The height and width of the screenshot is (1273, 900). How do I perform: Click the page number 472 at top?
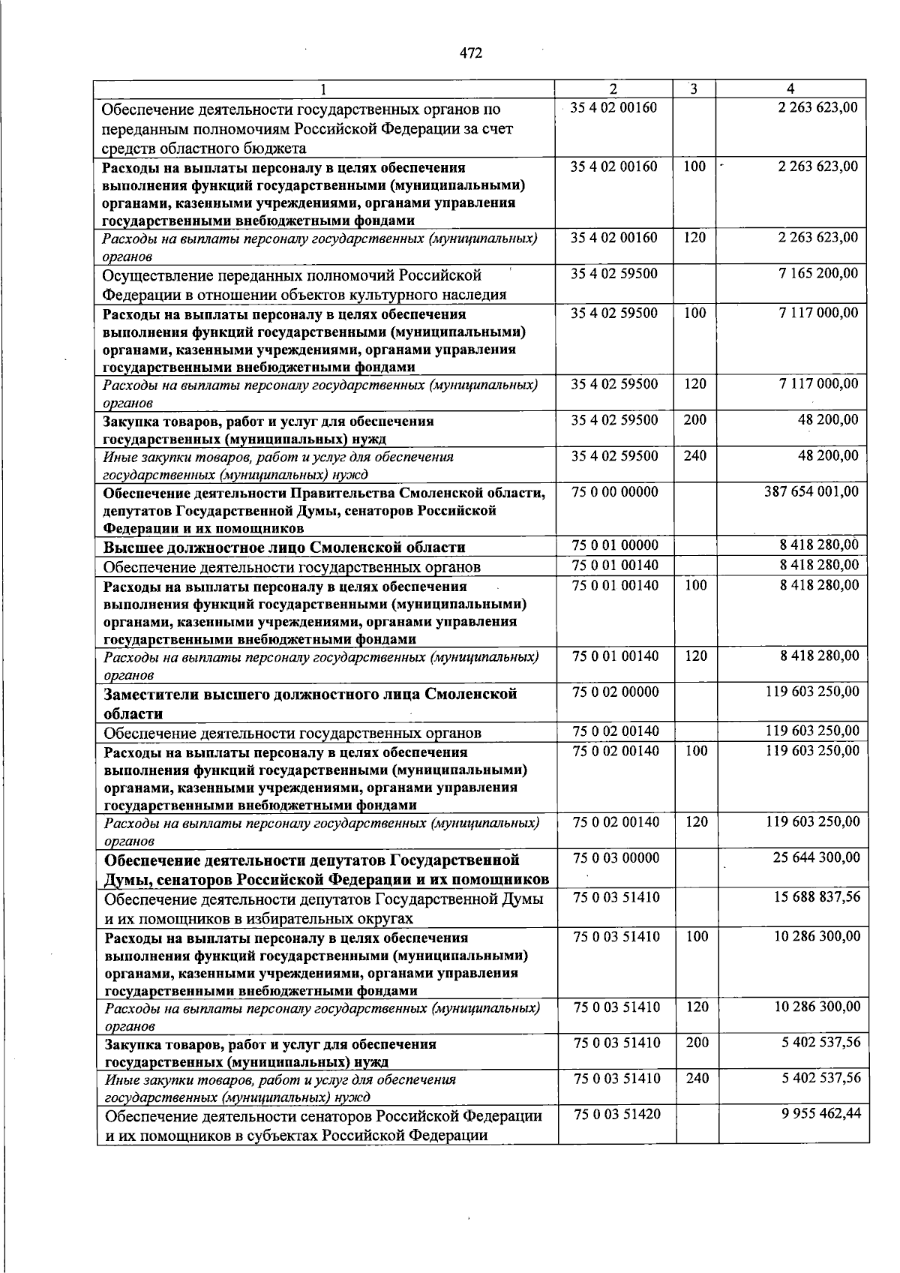471,53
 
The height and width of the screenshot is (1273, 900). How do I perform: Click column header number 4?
790,89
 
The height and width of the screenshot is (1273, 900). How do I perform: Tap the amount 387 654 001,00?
811,492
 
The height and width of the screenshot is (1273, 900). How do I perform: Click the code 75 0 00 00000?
614,492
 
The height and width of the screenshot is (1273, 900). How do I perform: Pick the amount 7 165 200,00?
818,273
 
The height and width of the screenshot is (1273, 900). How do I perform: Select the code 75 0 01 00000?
615,545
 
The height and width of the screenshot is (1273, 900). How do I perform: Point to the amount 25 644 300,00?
817,857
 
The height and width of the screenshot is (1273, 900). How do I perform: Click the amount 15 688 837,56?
817,896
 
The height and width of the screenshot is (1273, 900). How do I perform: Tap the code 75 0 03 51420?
617,1114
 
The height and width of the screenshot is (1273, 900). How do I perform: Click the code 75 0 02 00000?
616,692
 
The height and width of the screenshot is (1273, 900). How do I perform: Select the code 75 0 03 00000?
616,857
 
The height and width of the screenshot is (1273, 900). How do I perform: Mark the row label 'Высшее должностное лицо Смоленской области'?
284,547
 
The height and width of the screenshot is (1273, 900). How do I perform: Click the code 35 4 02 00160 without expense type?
613,107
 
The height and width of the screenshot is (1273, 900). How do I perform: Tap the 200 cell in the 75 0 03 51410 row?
697,1042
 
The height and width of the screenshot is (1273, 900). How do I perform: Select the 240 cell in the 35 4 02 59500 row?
695,455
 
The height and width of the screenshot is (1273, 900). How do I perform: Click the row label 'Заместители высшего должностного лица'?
310,703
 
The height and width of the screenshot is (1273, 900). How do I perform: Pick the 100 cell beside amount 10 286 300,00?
697,935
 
